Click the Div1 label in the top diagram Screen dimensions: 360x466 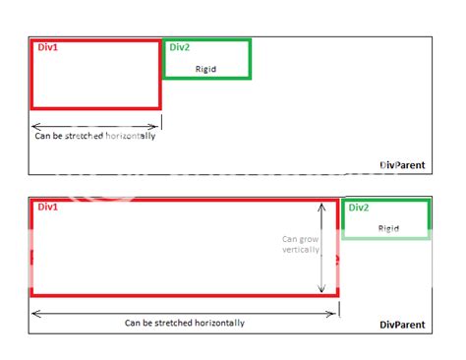tap(46, 47)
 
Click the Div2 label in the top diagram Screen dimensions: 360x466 tap(179, 47)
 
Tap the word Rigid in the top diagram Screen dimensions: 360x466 tap(206, 69)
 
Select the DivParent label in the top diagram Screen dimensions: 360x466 tap(402, 165)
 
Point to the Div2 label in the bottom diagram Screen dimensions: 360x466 tap(358, 208)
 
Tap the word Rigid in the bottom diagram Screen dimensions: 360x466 tap(388, 228)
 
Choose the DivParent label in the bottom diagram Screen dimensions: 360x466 tap(402, 324)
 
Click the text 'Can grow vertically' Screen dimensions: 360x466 tap(301, 244)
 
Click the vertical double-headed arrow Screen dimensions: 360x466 tap(321, 246)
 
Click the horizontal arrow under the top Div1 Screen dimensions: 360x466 tap(94, 126)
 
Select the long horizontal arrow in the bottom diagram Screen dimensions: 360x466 tap(184, 313)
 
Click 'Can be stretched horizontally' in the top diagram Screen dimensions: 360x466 tap(94, 136)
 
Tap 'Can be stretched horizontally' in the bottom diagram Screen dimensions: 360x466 tap(185, 323)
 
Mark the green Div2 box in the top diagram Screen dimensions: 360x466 tap(207, 59)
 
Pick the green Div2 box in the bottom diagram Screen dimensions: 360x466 tap(386, 218)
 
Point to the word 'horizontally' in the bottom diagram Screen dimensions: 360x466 tap(220, 323)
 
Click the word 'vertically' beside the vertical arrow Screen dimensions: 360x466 tap(301, 250)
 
